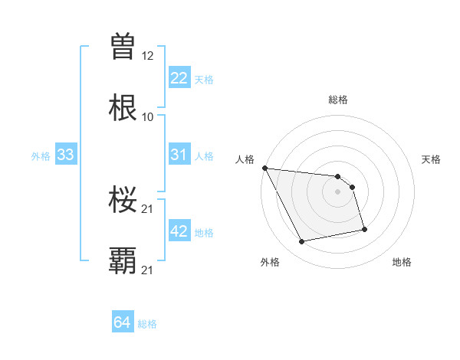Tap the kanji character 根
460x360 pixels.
(x=123, y=107)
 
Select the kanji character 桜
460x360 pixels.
(x=123, y=200)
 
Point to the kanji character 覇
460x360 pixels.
(x=123, y=260)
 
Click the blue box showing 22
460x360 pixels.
(x=179, y=78)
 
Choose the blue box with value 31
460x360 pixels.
(x=179, y=155)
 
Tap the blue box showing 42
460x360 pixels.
(x=179, y=231)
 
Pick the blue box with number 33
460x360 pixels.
(x=65, y=155)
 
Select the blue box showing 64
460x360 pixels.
(x=123, y=322)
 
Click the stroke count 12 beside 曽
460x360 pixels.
(x=147, y=57)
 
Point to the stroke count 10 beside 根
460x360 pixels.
(x=147, y=116)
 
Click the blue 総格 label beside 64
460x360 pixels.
(x=147, y=324)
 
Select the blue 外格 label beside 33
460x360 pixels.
(x=41, y=155)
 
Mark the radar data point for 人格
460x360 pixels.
(x=264, y=168)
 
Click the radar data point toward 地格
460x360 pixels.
(x=363, y=229)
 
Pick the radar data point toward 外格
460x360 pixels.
(x=302, y=242)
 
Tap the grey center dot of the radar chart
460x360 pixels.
(x=337, y=191)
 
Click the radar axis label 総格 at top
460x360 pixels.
(x=337, y=100)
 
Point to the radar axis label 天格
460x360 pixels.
(x=431, y=159)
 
